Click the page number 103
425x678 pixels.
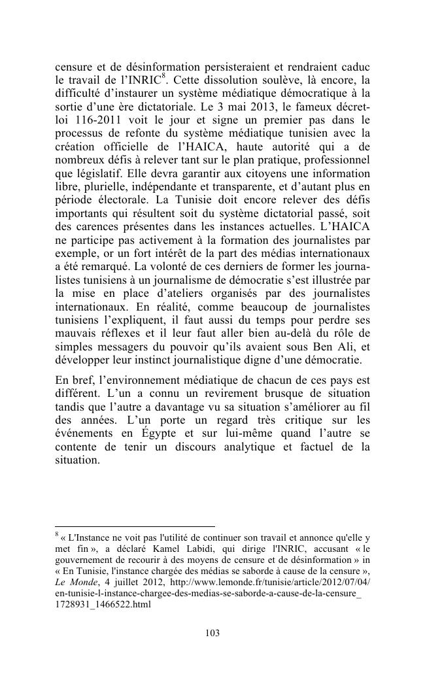coord(212,633)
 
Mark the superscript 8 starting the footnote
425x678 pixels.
coord(56,533)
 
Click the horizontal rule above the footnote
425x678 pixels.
coord(134,526)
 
